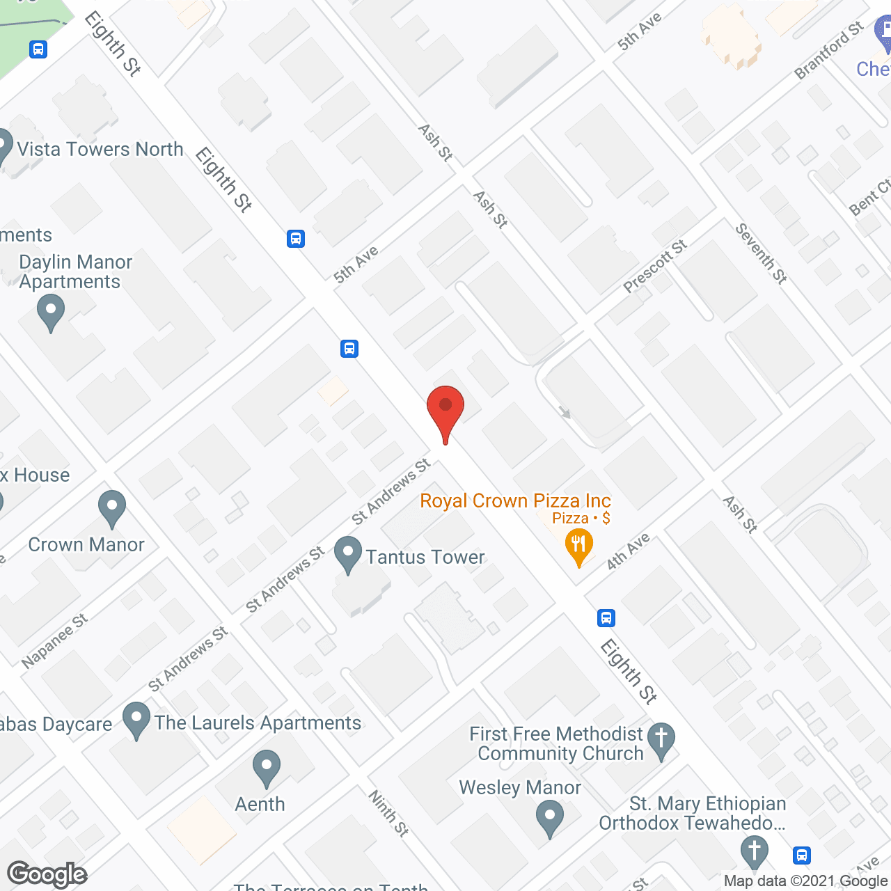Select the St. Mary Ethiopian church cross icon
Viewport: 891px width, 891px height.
coord(754,853)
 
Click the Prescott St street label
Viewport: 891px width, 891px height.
coord(655,266)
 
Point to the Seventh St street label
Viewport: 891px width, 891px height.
coord(762,253)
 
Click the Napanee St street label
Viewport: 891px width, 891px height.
coord(54,641)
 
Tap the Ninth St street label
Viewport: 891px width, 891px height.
coord(388,813)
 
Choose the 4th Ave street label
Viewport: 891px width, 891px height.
coord(628,551)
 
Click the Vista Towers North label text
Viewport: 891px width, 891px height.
coord(100,149)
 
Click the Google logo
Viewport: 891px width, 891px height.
coord(47,874)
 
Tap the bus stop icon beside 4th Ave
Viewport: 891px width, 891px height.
coord(606,617)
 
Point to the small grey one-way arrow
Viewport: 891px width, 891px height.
coord(565,413)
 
